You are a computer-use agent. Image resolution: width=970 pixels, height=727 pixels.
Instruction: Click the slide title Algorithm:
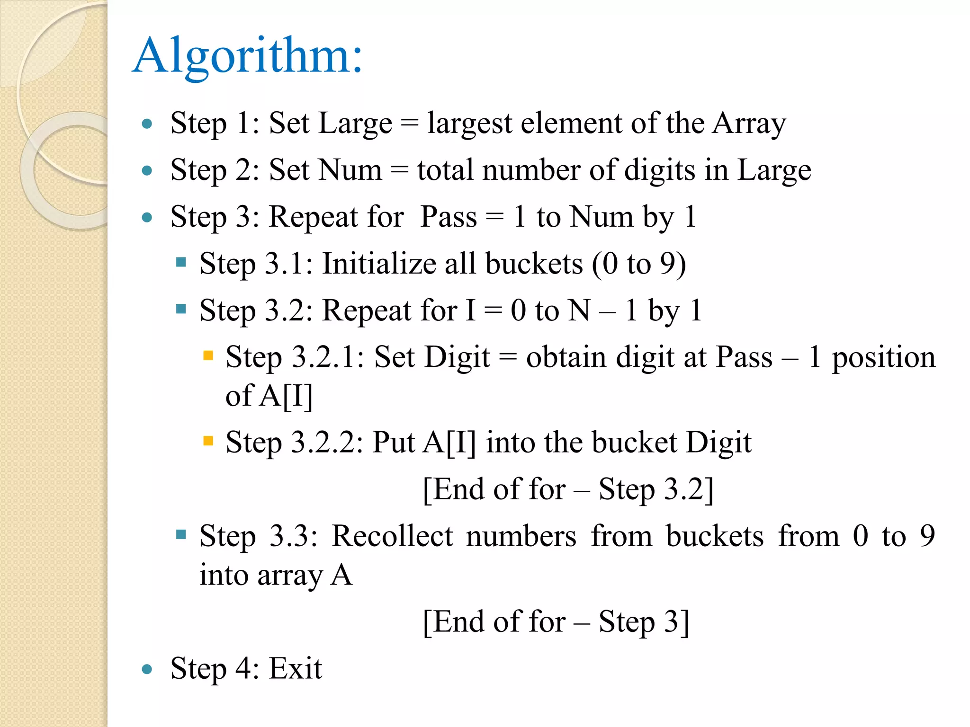pos(248,56)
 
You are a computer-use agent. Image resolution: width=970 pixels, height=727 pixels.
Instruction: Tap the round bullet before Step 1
pos(147,124)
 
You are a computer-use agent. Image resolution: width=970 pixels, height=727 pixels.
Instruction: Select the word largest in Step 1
pos(470,124)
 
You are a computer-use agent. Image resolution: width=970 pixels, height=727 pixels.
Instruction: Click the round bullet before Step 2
pos(147,170)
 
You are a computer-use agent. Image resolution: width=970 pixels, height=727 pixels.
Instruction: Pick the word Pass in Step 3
pos(449,217)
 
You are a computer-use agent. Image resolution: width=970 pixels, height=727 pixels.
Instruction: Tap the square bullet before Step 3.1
pos(181,262)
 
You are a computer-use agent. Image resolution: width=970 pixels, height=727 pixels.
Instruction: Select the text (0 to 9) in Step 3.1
pos(638,264)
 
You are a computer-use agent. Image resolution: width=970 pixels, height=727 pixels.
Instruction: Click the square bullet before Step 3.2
pos(181,309)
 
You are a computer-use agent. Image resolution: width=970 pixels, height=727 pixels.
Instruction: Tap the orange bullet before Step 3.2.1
pos(208,355)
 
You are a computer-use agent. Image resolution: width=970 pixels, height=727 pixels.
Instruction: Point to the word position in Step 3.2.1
pos(884,357)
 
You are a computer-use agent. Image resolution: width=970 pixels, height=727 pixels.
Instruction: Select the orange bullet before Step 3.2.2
pos(208,441)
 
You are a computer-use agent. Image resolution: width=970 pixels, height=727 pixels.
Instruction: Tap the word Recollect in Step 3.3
pos(392,536)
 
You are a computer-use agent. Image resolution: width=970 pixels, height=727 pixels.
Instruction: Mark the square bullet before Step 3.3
pos(181,535)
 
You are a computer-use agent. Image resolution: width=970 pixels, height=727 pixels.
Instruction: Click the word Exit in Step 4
pos(296,669)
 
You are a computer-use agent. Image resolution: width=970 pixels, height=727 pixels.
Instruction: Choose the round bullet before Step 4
pos(147,669)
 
